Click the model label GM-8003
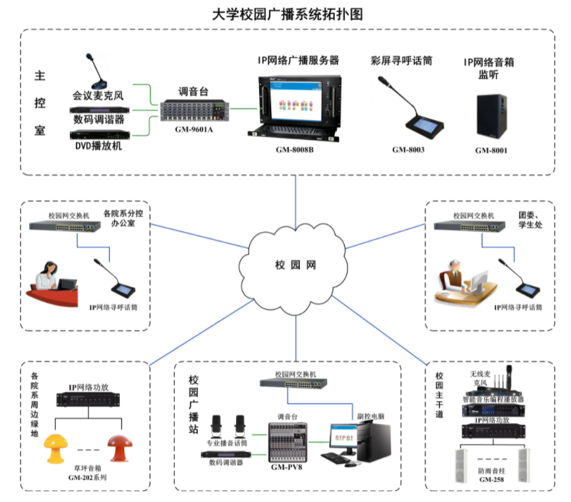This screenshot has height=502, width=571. point(408,150)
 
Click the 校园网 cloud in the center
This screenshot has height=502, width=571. point(295,264)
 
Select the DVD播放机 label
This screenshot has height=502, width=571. point(98,146)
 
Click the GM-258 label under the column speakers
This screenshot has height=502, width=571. point(493,480)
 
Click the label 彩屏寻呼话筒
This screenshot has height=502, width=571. point(401,61)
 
